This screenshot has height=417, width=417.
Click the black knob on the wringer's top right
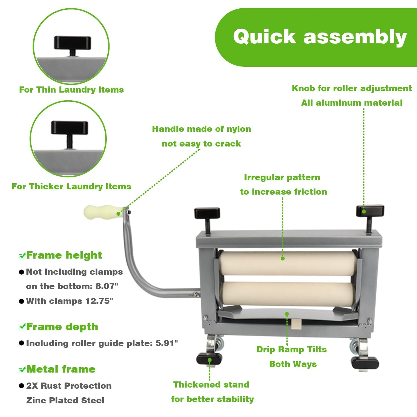(370, 211)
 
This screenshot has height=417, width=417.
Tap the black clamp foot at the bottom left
(209, 359)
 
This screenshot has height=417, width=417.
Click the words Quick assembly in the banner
(320, 37)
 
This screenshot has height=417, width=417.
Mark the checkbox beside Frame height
(22, 256)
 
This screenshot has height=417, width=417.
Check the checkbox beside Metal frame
(22, 370)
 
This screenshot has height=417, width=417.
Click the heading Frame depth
(62, 327)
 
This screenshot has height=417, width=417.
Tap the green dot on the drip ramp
(287, 314)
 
